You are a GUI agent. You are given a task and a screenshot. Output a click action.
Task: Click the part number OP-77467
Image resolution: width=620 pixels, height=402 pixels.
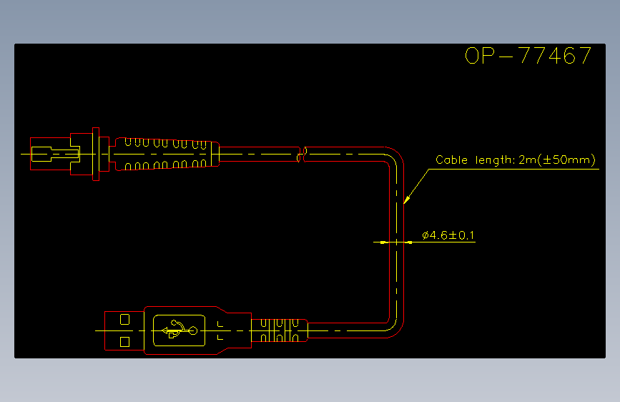[x=528, y=55]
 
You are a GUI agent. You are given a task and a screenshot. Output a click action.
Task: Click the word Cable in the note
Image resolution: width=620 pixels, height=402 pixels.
[x=451, y=160]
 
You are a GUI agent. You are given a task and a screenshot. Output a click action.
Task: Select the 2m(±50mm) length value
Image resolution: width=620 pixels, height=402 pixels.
[x=557, y=160]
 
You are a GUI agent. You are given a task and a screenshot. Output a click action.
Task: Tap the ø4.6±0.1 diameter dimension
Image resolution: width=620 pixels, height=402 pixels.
[x=448, y=235]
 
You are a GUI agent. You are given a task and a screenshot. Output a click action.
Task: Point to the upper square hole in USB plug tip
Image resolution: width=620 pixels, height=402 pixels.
[x=124, y=319]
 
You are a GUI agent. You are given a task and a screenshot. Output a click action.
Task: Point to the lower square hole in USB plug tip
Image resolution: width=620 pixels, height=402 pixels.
[x=124, y=341]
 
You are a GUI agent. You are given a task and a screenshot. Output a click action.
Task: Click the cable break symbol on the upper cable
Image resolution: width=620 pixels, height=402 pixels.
[x=302, y=155]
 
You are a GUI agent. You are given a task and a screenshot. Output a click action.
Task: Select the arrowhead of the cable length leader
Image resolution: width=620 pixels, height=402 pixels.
[x=406, y=200]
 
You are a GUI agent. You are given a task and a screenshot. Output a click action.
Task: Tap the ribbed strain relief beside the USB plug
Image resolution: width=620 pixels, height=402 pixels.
[x=279, y=330]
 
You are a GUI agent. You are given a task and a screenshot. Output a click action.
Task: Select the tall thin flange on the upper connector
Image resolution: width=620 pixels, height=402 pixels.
[x=96, y=154]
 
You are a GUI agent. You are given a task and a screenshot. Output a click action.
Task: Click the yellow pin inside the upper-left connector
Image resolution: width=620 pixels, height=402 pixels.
[x=55, y=154]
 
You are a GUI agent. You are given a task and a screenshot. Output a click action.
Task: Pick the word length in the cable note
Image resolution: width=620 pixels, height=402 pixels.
[x=495, y=160]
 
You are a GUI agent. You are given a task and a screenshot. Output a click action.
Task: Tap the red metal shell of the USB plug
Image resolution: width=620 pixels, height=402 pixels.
[x=124, y=330]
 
